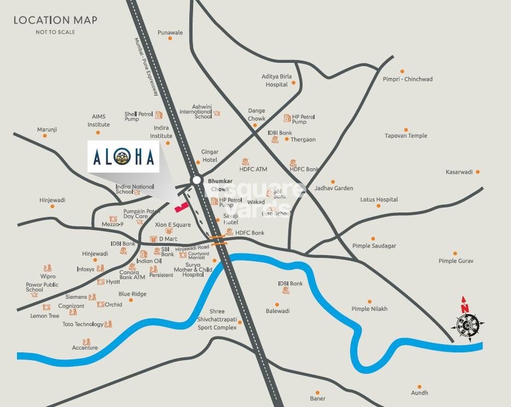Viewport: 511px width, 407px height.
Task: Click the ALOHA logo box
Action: pos(124,157)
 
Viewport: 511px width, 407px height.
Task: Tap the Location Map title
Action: pos(55,20)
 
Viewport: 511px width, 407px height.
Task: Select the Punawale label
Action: pos(170,33)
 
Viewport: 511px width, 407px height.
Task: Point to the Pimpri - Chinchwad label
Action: pos(408,79)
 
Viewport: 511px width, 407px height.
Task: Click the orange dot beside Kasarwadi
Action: pos(478,172)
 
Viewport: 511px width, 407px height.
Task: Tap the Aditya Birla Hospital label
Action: pos(277,80)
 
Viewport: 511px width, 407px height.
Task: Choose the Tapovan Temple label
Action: pos(405,135)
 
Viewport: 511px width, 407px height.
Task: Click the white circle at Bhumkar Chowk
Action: pos(196,180)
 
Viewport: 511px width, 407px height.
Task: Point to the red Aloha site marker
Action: pos(181,207)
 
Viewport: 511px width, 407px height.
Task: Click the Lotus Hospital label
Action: pos(379,199)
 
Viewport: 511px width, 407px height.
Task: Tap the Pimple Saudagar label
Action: pos(374,246)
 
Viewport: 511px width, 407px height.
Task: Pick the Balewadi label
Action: pos(278,311)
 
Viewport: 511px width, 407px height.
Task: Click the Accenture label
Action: pos(85,347)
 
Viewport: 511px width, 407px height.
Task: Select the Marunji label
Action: pos(47,129)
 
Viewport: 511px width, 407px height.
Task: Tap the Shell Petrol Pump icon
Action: pos(159,115)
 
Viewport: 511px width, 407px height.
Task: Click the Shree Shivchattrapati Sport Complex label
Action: pos(217,319)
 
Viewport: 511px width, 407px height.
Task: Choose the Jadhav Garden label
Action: pos(334,188)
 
